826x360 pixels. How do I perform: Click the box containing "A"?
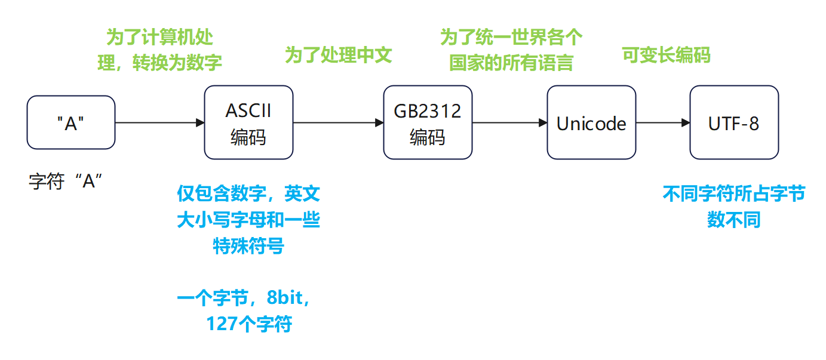[x=70, y=122]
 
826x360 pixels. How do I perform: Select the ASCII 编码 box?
[x=248, y=122]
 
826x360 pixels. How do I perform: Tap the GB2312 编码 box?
[x=427, y=122]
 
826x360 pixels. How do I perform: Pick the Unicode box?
[x=591, y=122]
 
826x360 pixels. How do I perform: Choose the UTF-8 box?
[x=734, y=122]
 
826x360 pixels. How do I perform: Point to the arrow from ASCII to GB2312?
[x=338, y=123]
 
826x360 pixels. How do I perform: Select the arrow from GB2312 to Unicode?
[x=509, y=123]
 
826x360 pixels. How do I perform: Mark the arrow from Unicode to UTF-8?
[x=663, y=123]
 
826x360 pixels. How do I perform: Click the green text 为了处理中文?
[x=338, y=56]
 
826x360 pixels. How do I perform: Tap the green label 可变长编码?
[x=666, y=56]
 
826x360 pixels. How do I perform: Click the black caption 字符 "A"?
[x=66, y=181]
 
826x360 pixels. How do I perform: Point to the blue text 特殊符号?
[x=248, y=245]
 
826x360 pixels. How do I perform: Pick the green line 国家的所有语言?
[x=511, y=63]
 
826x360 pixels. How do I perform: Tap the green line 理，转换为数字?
[x=159, y=63]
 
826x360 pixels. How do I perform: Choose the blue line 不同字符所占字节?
[x=734, y=194]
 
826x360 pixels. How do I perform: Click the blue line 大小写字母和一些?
[x=248, y=220]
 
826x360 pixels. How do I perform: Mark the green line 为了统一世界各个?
[x=511, y=38]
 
